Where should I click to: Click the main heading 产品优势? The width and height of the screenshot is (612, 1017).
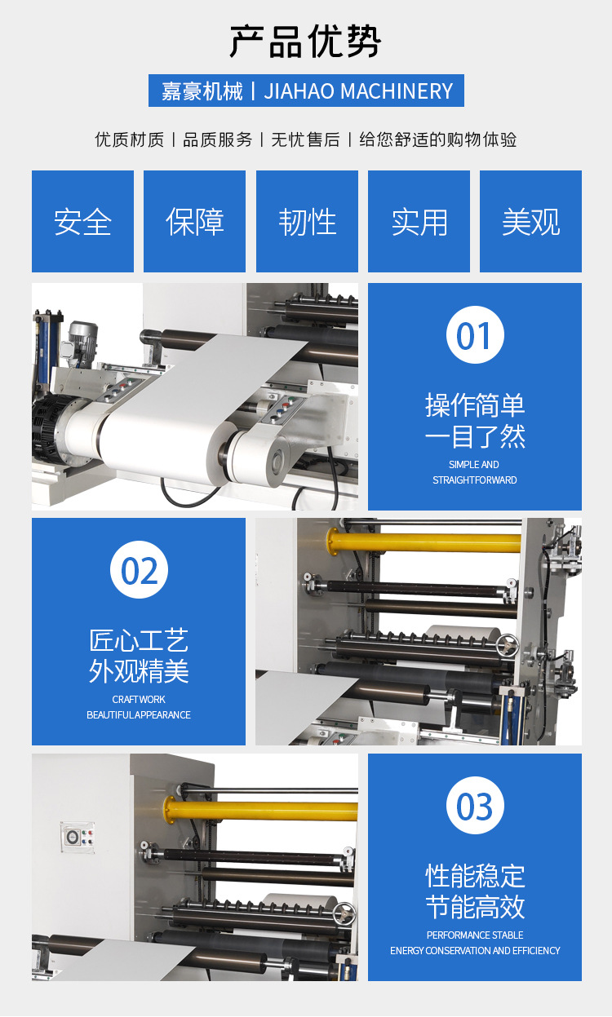point(305,42)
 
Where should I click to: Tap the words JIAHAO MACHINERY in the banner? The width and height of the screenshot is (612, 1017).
point(358,91)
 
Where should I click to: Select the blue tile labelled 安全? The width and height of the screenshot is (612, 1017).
point(82,221)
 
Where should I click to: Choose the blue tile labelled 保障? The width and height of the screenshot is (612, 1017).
point(194,221)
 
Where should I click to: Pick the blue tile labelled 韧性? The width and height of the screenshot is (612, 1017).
point(307,221)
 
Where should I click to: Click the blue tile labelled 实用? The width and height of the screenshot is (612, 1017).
point(419,221)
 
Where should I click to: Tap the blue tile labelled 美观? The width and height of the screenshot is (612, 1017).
point(530,221)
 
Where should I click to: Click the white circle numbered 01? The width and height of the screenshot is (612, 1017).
point(475,335)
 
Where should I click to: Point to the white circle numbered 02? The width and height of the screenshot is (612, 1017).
point(139,570)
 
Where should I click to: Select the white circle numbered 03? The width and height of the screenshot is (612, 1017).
point(475,806)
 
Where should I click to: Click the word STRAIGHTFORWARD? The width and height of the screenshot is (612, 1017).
point(475,480)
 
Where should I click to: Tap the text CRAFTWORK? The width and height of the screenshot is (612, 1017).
point(139,699)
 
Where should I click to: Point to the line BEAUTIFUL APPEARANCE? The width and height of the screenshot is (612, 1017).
point(139,714)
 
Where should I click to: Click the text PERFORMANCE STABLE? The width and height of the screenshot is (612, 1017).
point(475,935)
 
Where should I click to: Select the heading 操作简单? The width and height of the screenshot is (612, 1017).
point(475,405)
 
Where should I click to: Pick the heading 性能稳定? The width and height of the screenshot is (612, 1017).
point(475,876)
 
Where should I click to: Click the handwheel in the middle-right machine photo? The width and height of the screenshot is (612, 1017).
point(507,645)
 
